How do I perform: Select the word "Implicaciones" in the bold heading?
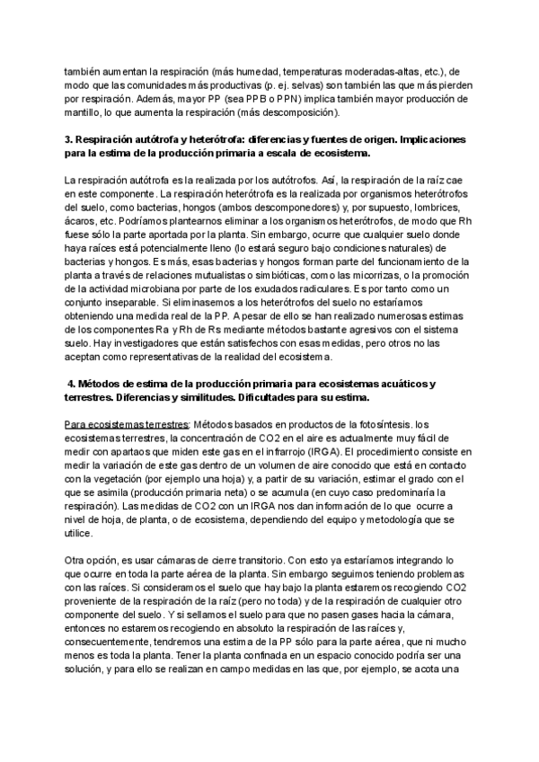[x=423, y=142]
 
